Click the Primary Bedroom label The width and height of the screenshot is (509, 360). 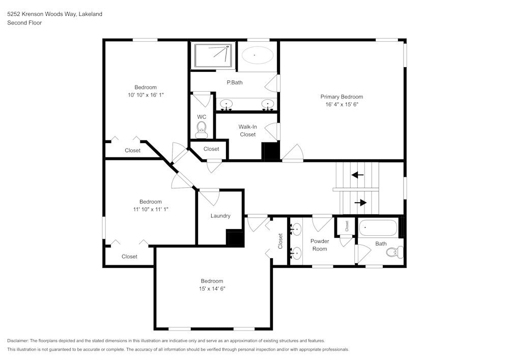[x=342, y=97]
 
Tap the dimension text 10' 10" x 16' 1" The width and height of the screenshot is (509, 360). [x=146, y=95]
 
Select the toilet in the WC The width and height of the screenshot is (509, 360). [x=202, y=129]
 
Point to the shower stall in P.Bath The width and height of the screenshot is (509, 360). [x=213, y=56]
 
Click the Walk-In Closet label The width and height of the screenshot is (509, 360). [x=247, y=130]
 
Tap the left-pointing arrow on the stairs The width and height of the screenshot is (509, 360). [x=357, y=175]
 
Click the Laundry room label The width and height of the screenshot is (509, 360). [x=220, y=216]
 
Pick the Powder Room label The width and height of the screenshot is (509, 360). [x=320, y=245]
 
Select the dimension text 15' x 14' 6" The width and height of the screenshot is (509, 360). [x=212, y=289]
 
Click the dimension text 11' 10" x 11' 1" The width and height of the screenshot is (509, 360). [x=151, y=209]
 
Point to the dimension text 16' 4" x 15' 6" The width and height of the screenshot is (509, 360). [x=342, y=104]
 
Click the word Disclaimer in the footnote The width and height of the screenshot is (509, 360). [x=18, y=341]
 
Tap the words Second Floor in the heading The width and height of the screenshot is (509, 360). [x=24, y=23]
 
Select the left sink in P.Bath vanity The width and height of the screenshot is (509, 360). [x=227, y=104]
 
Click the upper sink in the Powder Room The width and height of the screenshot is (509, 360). [x=296, y=230]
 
